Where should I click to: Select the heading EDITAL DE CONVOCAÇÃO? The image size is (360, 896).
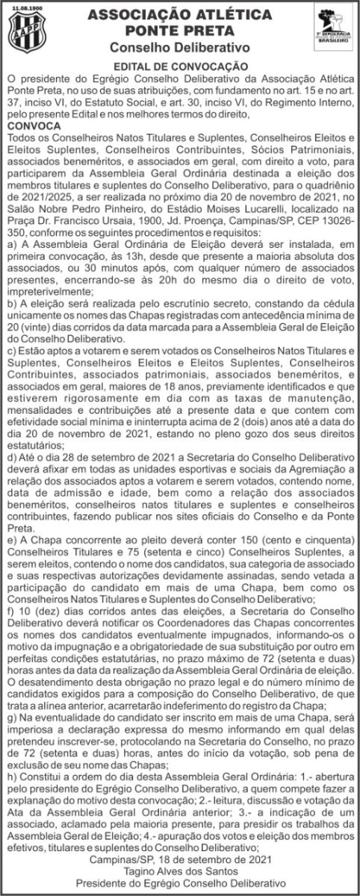tap(180, 66)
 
